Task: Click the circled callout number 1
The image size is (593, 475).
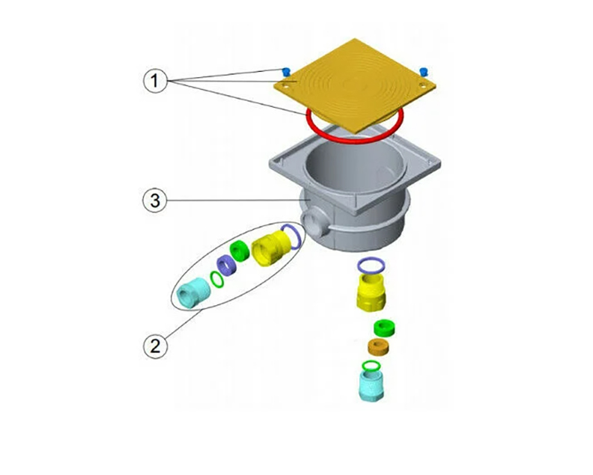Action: (x=155, y=81)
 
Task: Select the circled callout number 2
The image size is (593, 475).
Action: (x=155, y=346)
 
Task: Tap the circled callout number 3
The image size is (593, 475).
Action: (x=155, y=200)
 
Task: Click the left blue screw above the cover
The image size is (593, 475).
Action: (x=286, y=71)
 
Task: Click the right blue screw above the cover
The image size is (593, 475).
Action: (x=424, y=71)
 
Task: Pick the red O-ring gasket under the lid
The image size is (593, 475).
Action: (x=355, y=125)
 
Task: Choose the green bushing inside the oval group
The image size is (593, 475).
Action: (x=240, y=250)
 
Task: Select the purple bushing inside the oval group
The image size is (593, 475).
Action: (x=226, y=265)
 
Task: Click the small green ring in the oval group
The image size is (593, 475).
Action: (x=216, y=280)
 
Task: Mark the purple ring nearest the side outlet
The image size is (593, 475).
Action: (x=291, y=236)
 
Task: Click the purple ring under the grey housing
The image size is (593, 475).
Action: (x=371, y=266)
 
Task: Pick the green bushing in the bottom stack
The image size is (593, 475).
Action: (x=384, y=328)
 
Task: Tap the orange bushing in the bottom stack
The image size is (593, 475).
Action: (x=379, y=346)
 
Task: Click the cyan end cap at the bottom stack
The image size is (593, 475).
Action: (x=371, y=385)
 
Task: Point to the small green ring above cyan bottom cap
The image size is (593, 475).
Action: (x=371, y=366)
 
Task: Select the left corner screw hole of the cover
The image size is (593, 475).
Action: (x=286, y=86)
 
